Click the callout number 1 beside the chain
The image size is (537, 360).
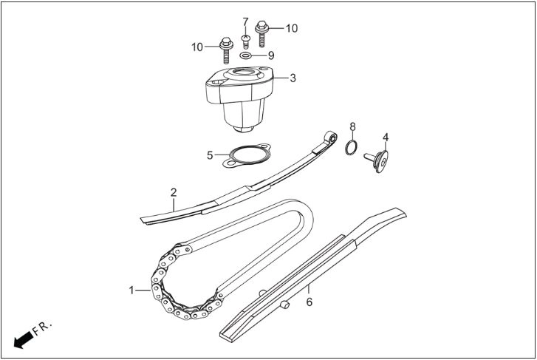pos(131,291)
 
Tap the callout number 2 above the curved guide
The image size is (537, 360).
pos(174,192)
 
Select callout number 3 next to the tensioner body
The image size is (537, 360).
pos(293,78)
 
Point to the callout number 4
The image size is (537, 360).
pos(386,137)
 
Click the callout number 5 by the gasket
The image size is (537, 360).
pos(210,155)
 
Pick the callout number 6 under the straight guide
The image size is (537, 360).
pos(309,302)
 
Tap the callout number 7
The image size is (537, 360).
pos(245,22)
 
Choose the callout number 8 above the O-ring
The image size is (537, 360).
pos(353,127)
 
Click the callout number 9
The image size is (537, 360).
pos(271,55)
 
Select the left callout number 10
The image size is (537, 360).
pos(197,47)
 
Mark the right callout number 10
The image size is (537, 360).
pos(292,28)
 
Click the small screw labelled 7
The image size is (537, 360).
pos(245,41)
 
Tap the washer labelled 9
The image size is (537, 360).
pos(245,55)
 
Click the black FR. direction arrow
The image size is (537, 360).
pos(24,340)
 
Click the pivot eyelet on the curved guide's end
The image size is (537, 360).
pos(331,137)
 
